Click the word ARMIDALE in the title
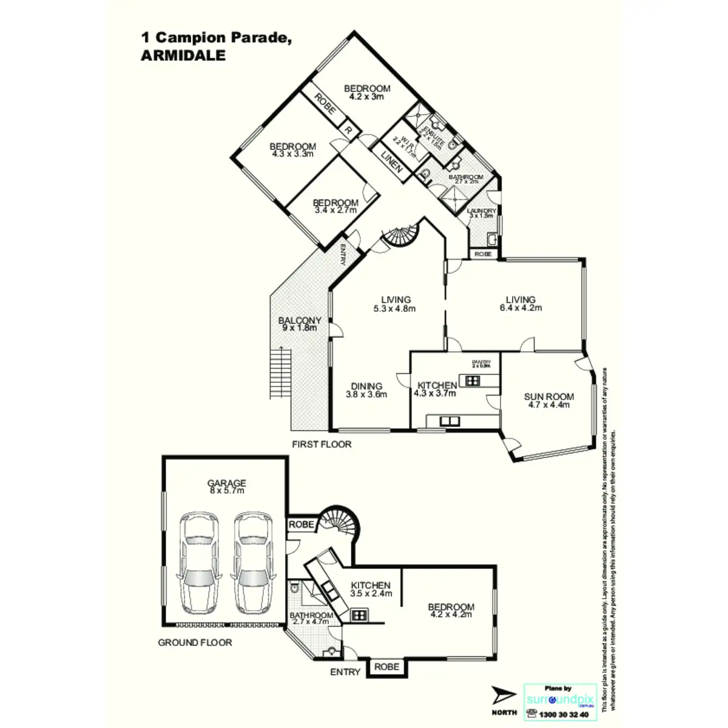tap(183, 55)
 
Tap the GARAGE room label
tap(226, 484)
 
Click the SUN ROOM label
tap(548, 397)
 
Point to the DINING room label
tap(366, 386)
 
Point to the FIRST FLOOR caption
tap(322, 444)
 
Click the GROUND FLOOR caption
tap(195, 642)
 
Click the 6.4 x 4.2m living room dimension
tap(521, 308)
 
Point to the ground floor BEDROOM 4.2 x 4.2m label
tap(451, 607)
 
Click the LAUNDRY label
tap(482, 211)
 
